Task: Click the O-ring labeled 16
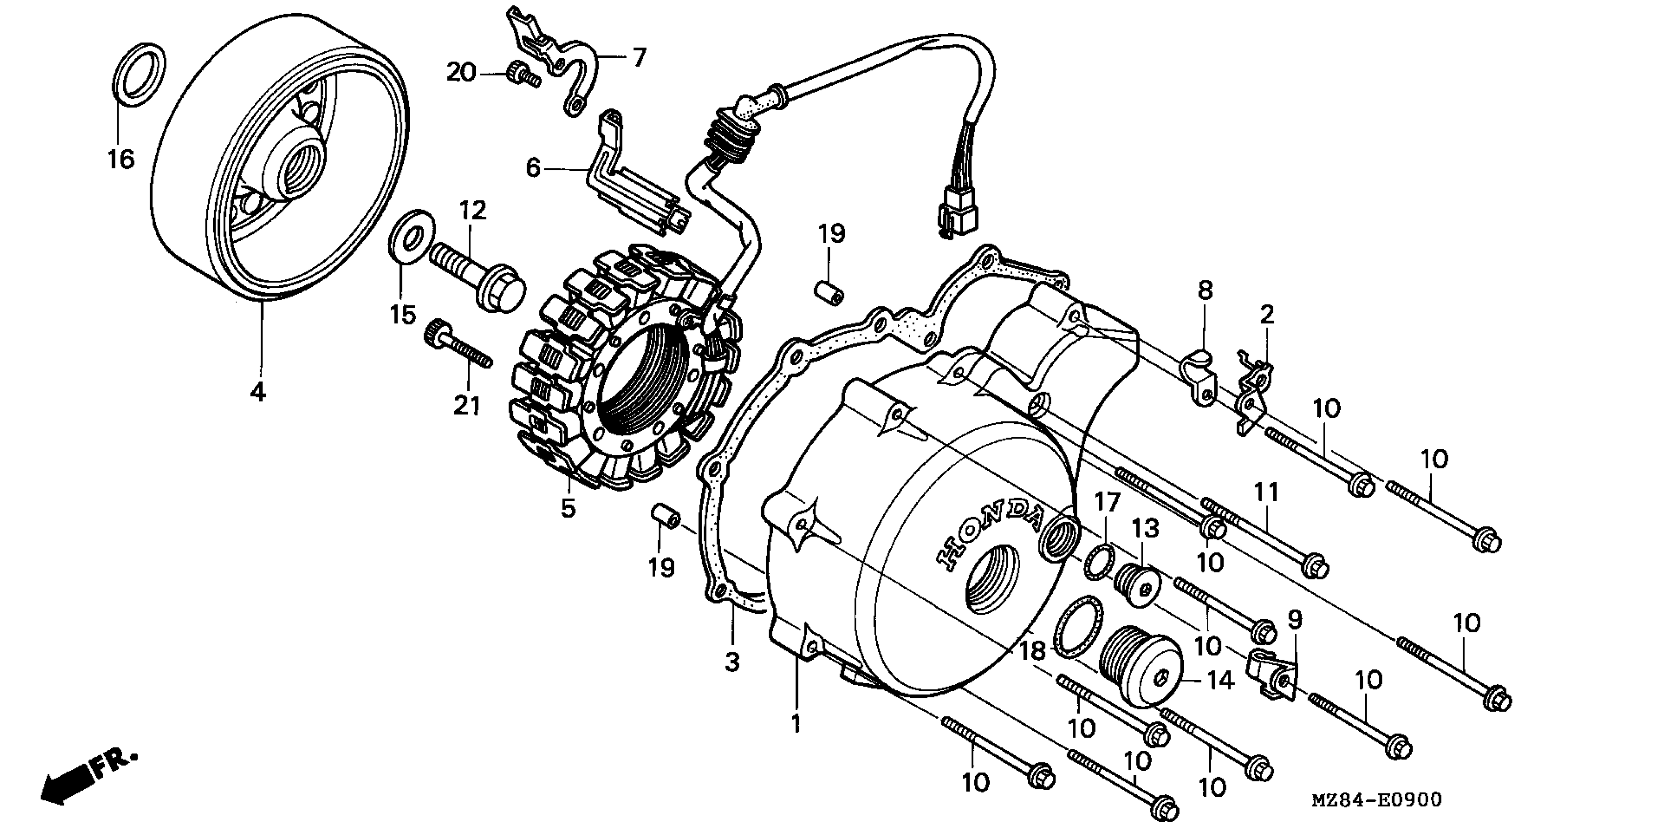(139, 73)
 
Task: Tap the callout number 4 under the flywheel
(258, 392)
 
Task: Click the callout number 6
(533, 168)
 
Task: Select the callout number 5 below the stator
(567, 509)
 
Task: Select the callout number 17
(1107, 502)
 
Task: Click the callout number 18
(1032, 651)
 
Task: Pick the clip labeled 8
(1199, 381)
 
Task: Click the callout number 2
(1267, 315)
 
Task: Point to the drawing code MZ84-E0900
(1376, 800)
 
